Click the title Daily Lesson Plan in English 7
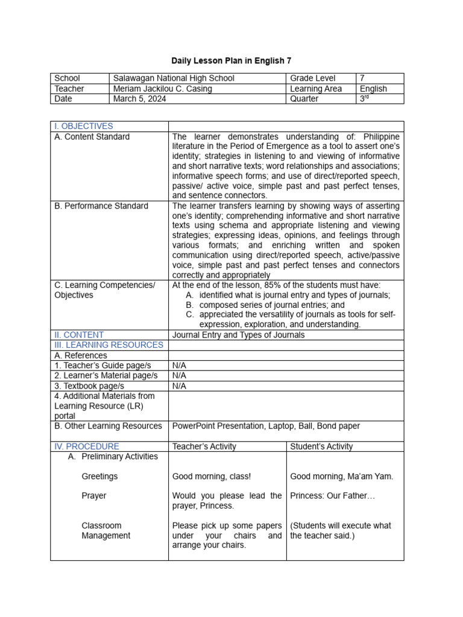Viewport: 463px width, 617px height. pyautogui.click(x=231, y=61)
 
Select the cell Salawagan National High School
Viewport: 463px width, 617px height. pyautogui.click(x=173, y=78)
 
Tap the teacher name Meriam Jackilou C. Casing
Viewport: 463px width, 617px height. pyautogui.click(x=162, y=89)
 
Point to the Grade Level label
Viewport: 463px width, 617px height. pyautogui.click(x=313, y=78)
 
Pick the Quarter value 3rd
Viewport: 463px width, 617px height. pyautogui.click(x=364, y=99)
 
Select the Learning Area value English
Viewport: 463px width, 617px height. pyautogui.click(x=373, y=89)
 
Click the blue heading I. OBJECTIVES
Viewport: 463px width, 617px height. pyautogui.click(x=84, y=126)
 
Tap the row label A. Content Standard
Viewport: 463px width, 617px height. pyautogui.click(x=92, y=137)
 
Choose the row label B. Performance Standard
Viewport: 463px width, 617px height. pyautogui.click(x=101, y=206)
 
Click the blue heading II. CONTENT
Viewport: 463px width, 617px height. pyautogui.click(x=79, y=334)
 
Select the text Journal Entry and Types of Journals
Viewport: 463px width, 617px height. pyautogui.click(x=238, y=334)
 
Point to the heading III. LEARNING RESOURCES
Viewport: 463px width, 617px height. pyautogui.click(x=109, y=345)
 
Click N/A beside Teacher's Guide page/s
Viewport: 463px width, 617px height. pyautogui.click(x=179, y=365)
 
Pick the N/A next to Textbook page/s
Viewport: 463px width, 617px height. pyautogui.click(x=179, y=386)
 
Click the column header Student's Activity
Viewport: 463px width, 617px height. pyautogui.click(x=321, y=446)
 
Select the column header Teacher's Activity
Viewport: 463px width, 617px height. pyautogui.click(x=204, y=446)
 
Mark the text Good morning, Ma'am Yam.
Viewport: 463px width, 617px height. pyautogui.click(x=341, y=476)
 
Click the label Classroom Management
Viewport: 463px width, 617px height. pyautogui.click(x=106, y=530)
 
